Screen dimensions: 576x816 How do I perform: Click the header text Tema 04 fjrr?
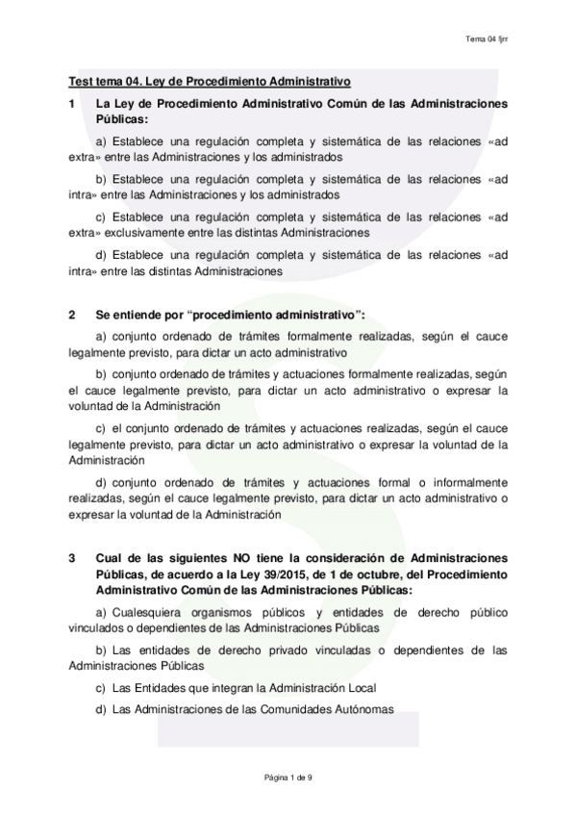486,38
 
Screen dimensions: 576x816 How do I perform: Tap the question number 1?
71,102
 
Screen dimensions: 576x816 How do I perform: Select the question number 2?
71,315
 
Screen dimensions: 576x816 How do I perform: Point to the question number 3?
71,557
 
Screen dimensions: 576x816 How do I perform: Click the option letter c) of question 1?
101,217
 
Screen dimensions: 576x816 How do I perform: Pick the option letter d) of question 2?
101,481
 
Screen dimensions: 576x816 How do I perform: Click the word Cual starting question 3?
109,557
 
